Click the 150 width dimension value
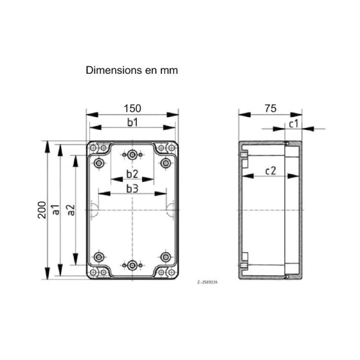[x=132, y=108]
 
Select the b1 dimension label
[x=132, y=122]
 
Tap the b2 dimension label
[x=132, y=175]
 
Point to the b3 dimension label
[x=132, y=188]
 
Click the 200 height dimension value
[x=42, y=209]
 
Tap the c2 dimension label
[x=270, y=171]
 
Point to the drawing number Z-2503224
[x=208, y=281]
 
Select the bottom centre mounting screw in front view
[x=132, y=265]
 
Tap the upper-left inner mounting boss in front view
[x=99, y=163]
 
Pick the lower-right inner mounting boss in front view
[x=166, y=257]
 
